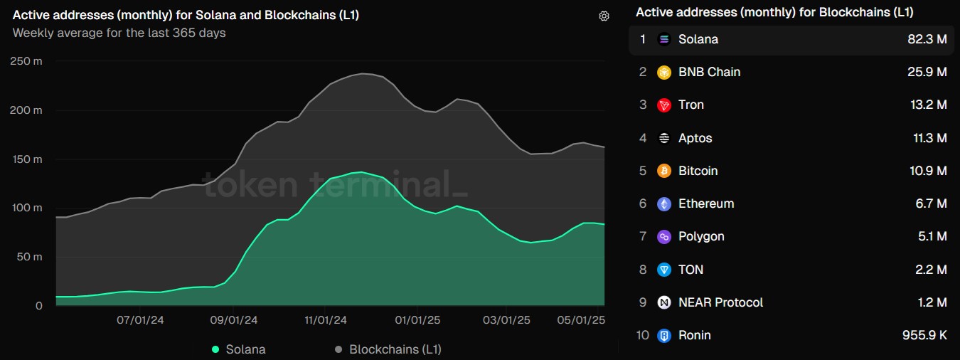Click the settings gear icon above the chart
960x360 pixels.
(604, 16)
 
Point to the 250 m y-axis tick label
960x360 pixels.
(27, 62)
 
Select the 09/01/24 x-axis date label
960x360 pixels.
(234, 320)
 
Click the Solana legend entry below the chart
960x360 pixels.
(239, 349)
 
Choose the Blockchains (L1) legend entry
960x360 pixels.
(388, 349)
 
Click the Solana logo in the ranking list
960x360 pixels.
(664, 39)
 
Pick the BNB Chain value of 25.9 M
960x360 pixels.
(927, 72)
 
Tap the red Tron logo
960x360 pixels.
(664, 105)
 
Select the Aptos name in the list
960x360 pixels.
(695, 138)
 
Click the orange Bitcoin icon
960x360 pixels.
(664, 171)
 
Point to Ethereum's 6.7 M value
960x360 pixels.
(931, 203)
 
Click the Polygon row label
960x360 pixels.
(701, 236)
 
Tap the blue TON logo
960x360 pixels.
(664, 270)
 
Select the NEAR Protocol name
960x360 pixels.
(720, 302)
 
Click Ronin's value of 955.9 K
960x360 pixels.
(922, 335)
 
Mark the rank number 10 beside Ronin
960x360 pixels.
(643, 335)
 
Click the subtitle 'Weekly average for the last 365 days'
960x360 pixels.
(119, 33)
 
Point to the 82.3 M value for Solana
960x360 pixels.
(927, 39)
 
